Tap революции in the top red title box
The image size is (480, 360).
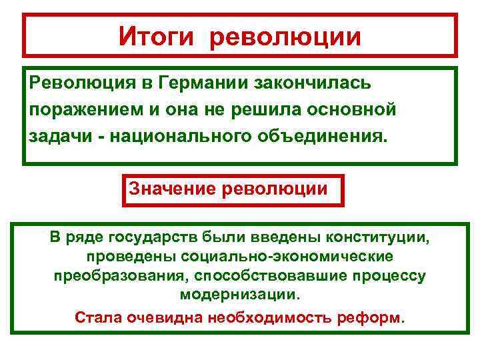[x=285, y=36]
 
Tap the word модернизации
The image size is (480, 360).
[x=240, y=295]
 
